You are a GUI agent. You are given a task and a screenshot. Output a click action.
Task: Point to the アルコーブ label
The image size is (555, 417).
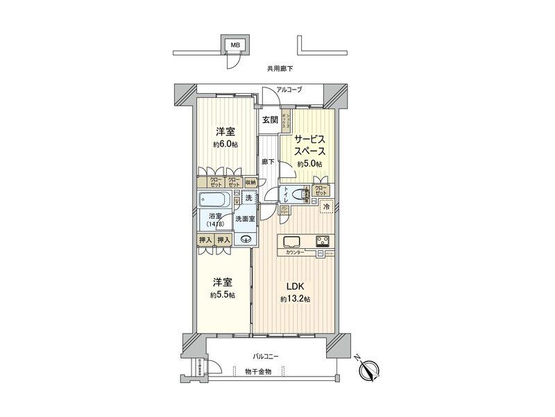pyautogui.click(x=289, y=90)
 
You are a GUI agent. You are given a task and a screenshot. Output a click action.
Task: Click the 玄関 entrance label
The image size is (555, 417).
pyautogui.click(x=270, y=120)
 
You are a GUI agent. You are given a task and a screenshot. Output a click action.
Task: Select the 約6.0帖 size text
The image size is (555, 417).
pyautogui.click(x=226, y=145)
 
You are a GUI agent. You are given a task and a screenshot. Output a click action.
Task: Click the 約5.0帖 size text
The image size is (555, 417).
pyautogui.click(x=309, y=163)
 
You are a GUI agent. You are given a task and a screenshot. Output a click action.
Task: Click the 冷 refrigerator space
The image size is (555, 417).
pyautogui.click(x=325, y=206)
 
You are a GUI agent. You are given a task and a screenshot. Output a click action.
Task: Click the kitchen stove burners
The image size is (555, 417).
pyautogui.click(x=323, y=242)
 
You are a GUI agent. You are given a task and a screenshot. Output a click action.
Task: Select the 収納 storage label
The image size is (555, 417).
pyautogui.click(x=250, y=182)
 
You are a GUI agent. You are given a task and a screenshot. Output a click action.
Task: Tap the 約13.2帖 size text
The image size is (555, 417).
pyautogui.click(x=296, y=300)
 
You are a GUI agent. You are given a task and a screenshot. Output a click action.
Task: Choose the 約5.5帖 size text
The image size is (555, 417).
pyautogui.click(x=222, y=295)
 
